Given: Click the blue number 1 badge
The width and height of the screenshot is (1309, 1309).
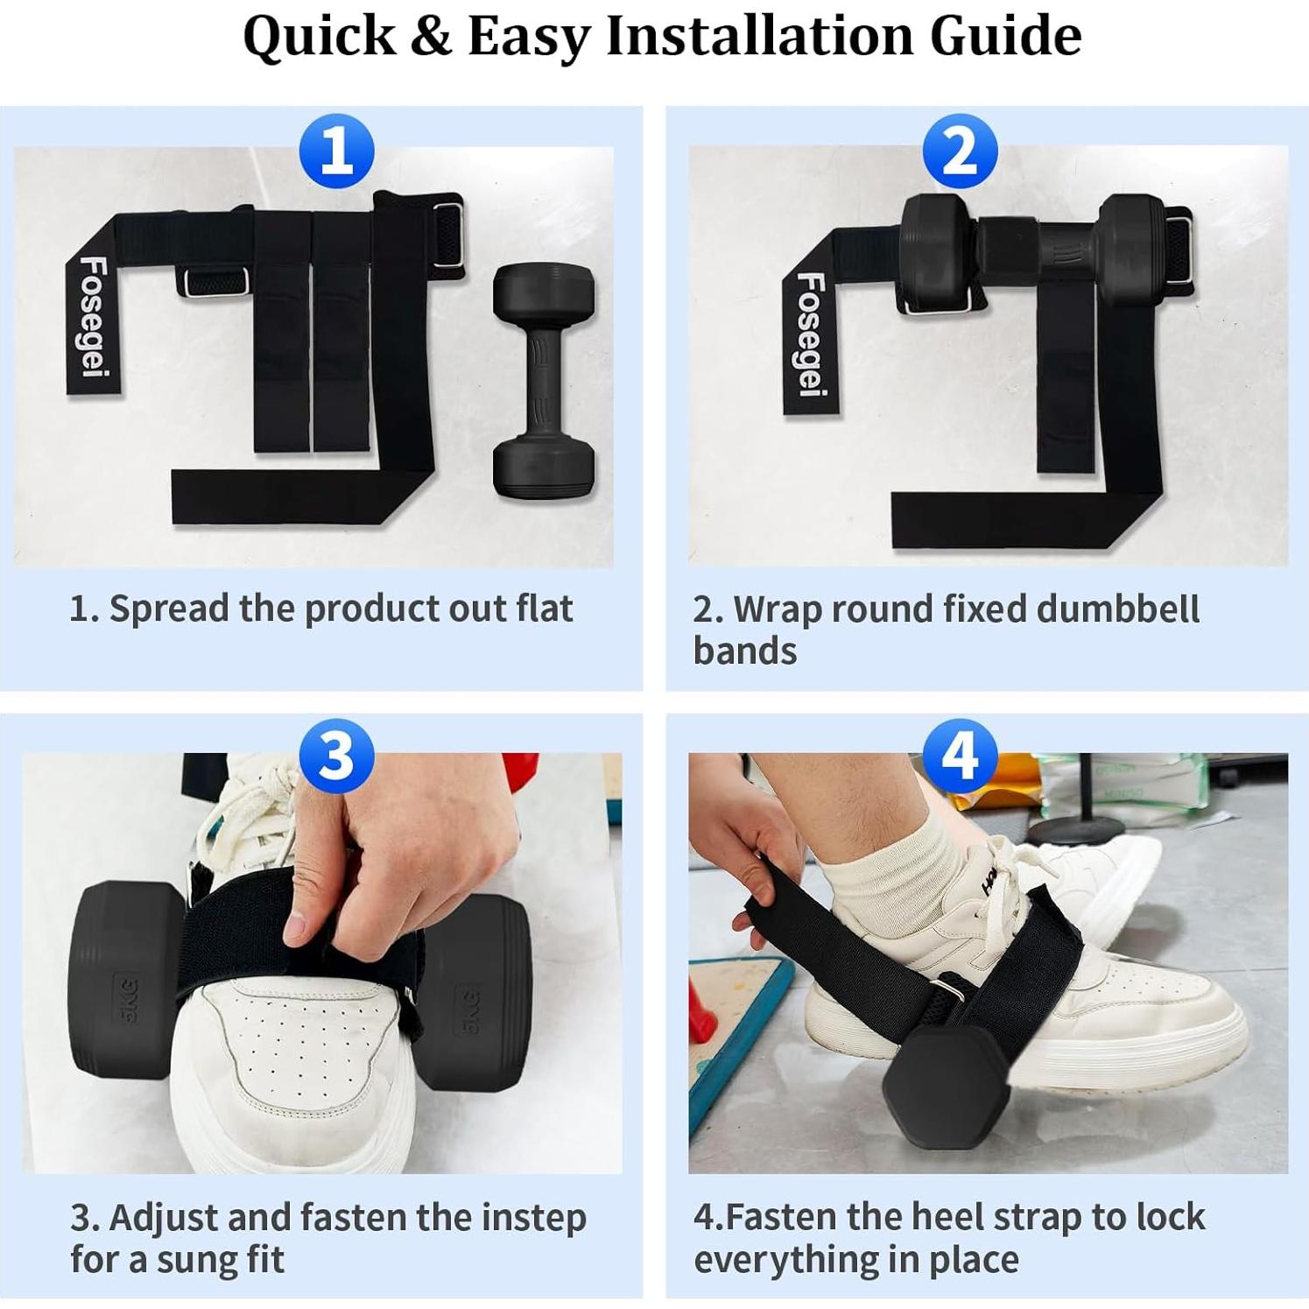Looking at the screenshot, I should pos(336,151).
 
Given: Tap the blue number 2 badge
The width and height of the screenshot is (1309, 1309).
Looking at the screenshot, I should pos(960,151).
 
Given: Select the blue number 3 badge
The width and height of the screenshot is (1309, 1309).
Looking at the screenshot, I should pos(336,756).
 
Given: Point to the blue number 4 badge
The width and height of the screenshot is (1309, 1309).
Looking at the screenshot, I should pos(960,756).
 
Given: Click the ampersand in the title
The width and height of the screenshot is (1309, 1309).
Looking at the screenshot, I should pos(430,37).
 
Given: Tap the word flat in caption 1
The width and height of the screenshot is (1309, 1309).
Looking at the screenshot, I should pos(544,609).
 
